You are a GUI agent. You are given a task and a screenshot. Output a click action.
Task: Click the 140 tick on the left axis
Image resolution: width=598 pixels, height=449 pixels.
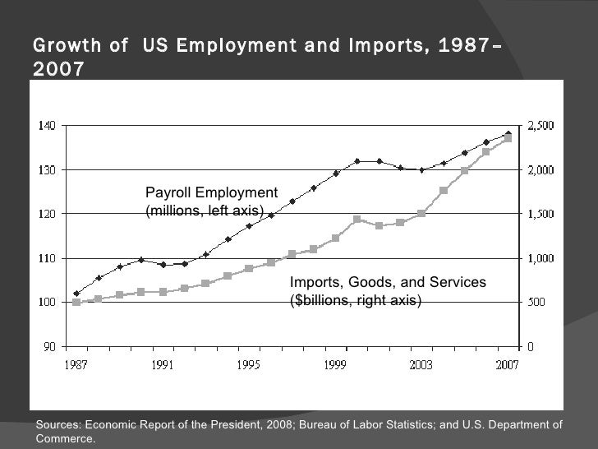point(46,126)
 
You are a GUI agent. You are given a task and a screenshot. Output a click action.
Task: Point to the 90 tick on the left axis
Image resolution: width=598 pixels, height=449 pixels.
point(48,346)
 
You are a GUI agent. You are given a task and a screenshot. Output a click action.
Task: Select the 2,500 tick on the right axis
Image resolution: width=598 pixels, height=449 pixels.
point(540,126)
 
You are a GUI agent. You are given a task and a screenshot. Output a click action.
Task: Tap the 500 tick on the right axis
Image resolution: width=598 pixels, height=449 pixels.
point(536,302)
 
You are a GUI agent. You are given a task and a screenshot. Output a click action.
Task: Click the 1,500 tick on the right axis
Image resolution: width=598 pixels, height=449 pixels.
point(540,214)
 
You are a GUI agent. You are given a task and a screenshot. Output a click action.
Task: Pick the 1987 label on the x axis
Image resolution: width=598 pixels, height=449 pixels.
point(76,363)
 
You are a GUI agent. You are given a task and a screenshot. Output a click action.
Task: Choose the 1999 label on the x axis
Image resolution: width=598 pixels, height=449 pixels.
point(335,363)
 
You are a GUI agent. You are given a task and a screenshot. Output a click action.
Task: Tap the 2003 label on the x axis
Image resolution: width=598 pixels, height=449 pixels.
point(421,363)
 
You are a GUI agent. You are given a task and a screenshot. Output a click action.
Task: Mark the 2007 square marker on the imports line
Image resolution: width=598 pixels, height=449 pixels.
point(508,138)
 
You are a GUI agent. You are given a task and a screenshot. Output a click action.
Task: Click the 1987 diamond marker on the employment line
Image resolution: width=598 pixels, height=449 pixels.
point(76,294)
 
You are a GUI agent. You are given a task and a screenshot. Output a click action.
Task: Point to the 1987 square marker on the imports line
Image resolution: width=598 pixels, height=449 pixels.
point(76,302)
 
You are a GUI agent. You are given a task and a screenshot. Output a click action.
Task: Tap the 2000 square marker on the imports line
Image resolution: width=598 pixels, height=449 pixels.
point(356,220)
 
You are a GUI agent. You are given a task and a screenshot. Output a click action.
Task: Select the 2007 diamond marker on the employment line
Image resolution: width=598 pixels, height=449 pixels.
point(508,134)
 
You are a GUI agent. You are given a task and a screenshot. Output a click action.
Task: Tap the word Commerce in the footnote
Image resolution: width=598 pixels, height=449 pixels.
point(65,438)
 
